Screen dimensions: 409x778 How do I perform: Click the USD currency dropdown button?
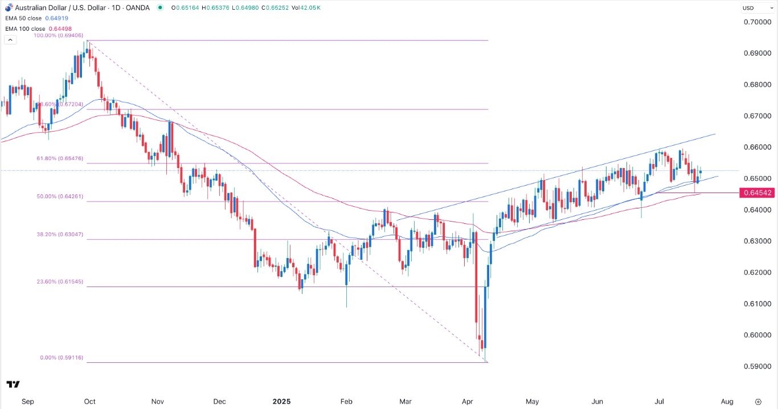pos(755,8)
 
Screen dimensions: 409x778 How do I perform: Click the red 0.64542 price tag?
pos(757,193)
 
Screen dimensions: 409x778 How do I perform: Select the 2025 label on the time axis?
pos(281,401)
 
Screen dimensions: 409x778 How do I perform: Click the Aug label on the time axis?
pos(727,401)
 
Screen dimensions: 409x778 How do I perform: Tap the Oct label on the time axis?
pos(89,401)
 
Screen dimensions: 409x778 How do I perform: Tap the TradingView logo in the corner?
pos(14,385)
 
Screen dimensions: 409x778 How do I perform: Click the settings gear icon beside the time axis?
pos(758,401)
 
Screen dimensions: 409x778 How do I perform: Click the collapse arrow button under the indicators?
pos(10,40)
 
